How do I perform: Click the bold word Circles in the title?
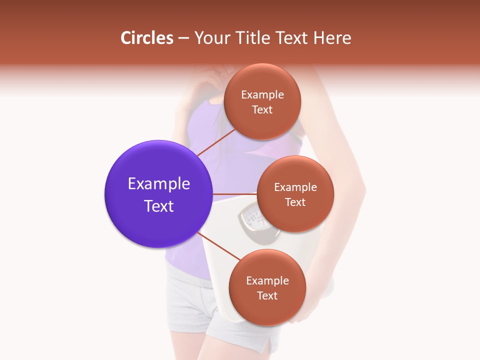pyautogui.click(x=147, y=38)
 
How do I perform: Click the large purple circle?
pyautogui.click(x=158, y=194)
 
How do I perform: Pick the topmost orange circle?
pyautogui.click(x=262, y=101)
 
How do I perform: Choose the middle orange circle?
pyautogui.click(x=295, y=194)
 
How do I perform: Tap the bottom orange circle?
pyautogui.click(x=267, y=287)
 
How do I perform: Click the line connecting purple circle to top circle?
pyautogui.click(x=216, y=142)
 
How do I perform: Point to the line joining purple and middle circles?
pyautogui.click(x=234, y=194)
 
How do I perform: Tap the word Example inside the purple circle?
pyautogui.click(x=158, y=184)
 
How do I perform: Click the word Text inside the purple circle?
pyautogui.click(x=158, y=206)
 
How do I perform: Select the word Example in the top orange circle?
pyautogui.click(x=262, y=95)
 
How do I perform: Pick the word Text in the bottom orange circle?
pyautogui.click(x=267, y=295)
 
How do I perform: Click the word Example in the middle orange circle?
pyautogui.click(x=295, y=187)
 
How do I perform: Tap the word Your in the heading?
pyautogui.click(x=210, y=38)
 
